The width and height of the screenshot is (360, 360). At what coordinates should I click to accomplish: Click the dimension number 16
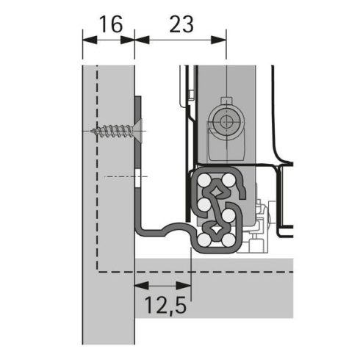(x=109, y=24)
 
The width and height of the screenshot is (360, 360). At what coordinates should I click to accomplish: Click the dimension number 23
(x=180, y=24)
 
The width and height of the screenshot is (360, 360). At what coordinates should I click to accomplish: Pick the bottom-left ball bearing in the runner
(x=204, y=240)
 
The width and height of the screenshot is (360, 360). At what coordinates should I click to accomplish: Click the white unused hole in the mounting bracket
(x=137, y=177)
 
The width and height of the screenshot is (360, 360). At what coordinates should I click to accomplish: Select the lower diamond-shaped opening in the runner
(x=216, y=230)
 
